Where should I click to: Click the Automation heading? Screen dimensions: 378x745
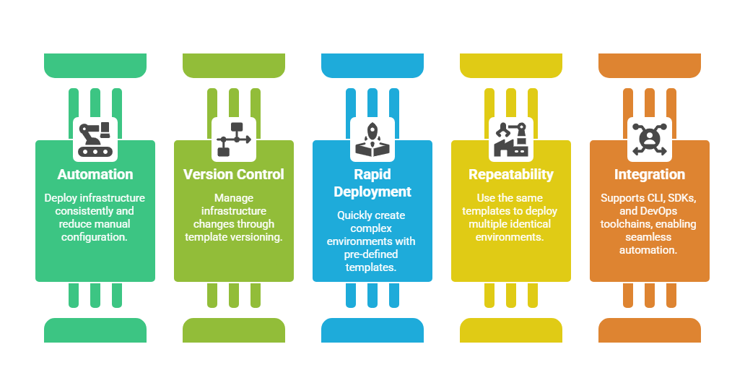pyautogui.click(x=95, y=174)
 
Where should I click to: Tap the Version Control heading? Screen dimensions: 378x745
pyautogui.click(x=234, y=174)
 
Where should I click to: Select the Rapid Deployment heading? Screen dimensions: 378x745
pyautogui.click(x=372, y=183)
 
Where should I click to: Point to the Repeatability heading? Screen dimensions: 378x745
pyautogui.click(x=511, y=174)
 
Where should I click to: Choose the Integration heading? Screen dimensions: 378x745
pyautogui.click(x=650, y=174)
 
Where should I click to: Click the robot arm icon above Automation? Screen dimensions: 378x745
pyautogui.click(x=95, y=139)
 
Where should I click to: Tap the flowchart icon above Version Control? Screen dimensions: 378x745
pyautogui.click(x=234, y=139)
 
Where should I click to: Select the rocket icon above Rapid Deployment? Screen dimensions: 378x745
pyautogui.click(x=372, y=139)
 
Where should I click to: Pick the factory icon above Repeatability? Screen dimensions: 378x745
pyautogui.click(x=511, y=139)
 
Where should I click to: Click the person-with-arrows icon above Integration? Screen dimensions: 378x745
pyautogui.click(x=650, y=139)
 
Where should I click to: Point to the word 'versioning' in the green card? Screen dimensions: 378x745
pyautogui.click(x=257, y=236)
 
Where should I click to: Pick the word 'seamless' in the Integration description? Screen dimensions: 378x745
pyautogui.click(x=650, y=236)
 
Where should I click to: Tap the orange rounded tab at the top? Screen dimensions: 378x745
pyautogui.click(x=650, y=65)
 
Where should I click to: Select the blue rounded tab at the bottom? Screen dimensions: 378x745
pyautogui.click(x=372, y=330)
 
